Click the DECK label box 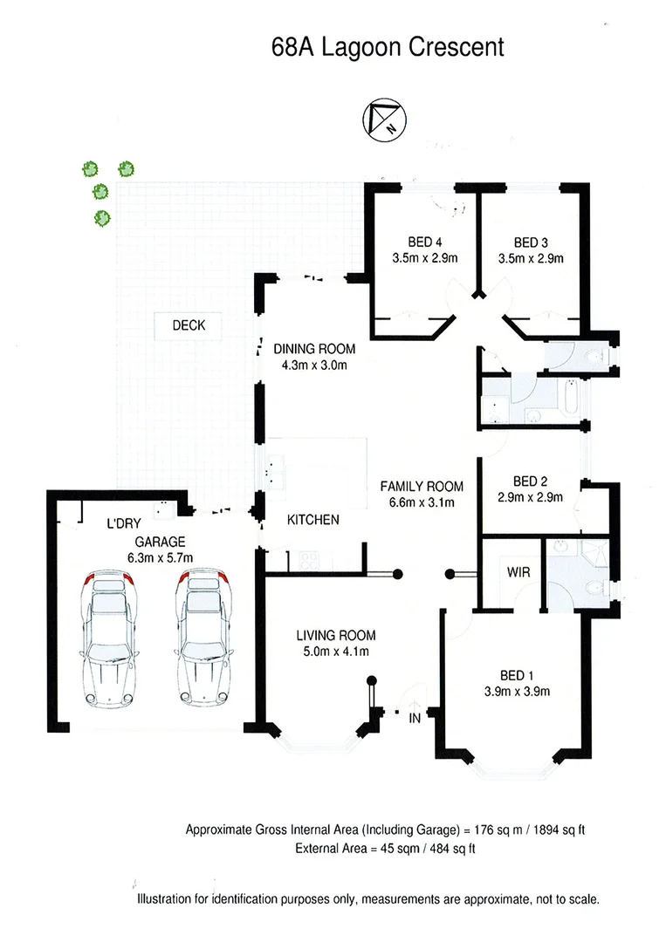pos(189,325)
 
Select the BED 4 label pos(427,242)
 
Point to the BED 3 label pos(532,242)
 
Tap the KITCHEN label pos(313,520)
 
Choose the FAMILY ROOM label pos(422,486)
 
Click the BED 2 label pos(530,481)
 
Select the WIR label pos(508,573)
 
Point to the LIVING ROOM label pos(335,635)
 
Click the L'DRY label pos(123,525)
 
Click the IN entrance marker pos(415,718)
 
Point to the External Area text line pos(385,847)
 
